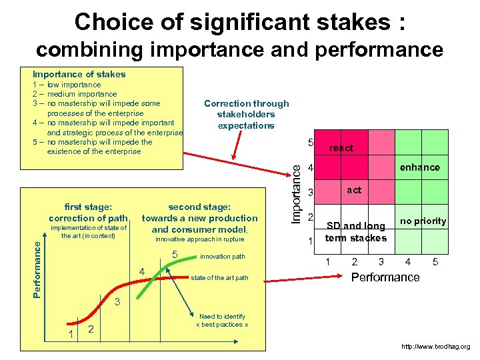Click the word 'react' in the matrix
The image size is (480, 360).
click(x=341, y=148)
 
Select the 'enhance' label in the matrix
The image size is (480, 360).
click(x=419, y=167)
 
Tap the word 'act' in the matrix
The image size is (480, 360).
click(x=354, y=190)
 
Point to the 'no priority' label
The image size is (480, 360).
click(x=423, y=221)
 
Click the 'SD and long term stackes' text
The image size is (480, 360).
click(x=355, y=232)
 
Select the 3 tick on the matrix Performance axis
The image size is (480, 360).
click(x=381, y=262)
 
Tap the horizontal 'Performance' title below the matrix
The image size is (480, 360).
click(x=385, y=277)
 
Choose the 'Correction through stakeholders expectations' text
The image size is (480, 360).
click(x=246, y=115)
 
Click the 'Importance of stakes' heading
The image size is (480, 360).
click(x=79, y=74)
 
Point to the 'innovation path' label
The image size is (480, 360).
click(x=223, y=257)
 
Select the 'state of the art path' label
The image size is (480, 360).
click(x=219, y=278)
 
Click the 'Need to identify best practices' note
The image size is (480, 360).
click(x=223, y=321)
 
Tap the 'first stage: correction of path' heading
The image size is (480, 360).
click(x=88, y=213)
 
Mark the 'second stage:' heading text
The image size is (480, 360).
click(x=199, y=207)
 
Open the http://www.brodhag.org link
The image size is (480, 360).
click(x=436, y=347)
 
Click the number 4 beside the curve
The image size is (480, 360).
click(x=141, y=272)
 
